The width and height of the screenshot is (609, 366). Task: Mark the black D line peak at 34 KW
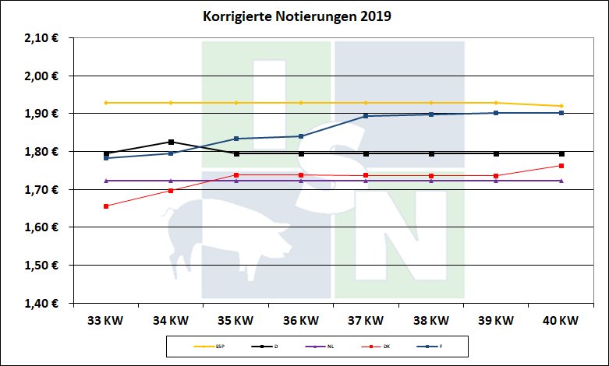(171, 142)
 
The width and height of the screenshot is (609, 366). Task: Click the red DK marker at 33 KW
(105, 206)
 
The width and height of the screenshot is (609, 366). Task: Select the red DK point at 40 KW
(561, 166)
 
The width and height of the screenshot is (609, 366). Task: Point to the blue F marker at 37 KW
(366, 116)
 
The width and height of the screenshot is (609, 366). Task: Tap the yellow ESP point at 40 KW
(561, 106)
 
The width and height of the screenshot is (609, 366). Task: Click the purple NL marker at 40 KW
(561, 181)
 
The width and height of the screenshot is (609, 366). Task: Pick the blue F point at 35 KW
(235, 139)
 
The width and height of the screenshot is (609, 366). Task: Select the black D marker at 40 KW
(561, 153)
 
